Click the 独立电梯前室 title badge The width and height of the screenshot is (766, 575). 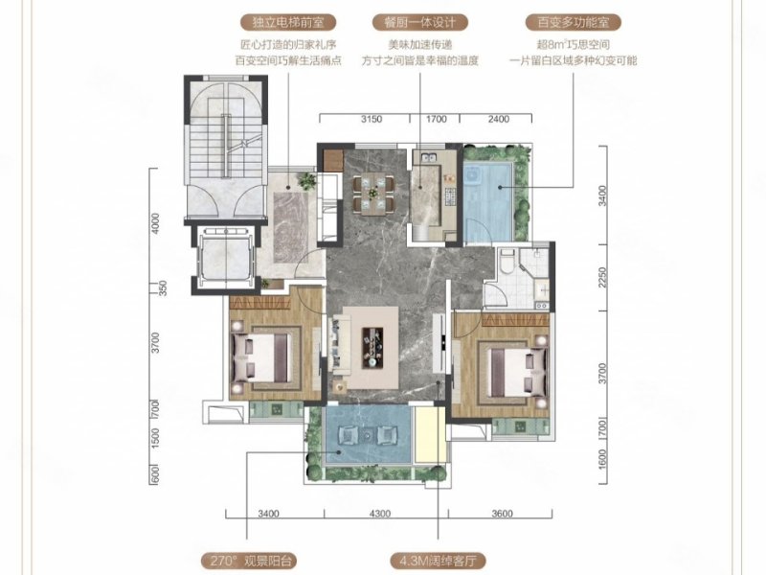(288, 22)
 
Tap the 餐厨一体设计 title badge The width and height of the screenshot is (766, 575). (419, 22)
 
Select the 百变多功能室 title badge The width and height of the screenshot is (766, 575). (573, 22)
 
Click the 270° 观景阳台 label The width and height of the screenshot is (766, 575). (249, 561)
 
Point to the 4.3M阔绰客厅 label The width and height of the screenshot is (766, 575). (438, 561)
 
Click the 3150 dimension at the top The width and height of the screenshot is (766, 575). (372, 119)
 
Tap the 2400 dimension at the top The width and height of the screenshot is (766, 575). (498, 119)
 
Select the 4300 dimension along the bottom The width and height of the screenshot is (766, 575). (380, 514)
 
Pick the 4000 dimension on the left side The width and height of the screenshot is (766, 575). (155, 223)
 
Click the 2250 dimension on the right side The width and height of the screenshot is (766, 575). (602, 277)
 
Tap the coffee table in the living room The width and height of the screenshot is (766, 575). (372, 347)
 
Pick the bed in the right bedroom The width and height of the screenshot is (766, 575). (518, 372)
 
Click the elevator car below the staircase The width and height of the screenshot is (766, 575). (226, 258)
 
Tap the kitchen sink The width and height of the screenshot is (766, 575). (430, 157)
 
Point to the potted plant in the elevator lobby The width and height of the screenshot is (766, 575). (307, 180)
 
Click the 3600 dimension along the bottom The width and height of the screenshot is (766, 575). (502, 514)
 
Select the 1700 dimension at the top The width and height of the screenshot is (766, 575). (437, 119)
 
